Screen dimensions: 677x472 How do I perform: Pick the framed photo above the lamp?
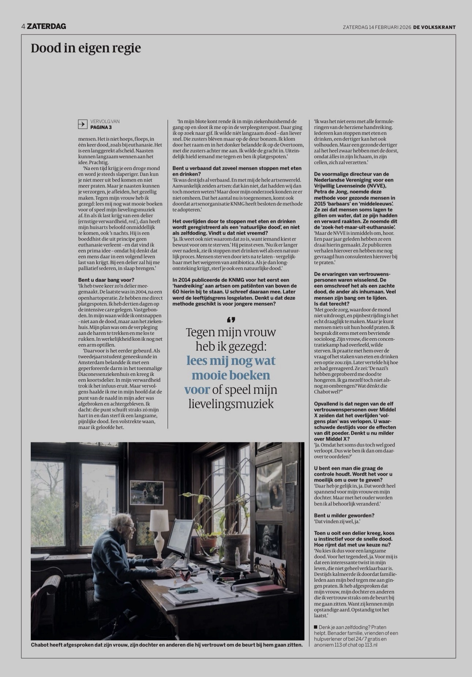(147, 493)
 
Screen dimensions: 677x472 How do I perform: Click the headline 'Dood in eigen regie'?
(86, 48)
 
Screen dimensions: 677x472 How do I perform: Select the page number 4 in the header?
(23, 26)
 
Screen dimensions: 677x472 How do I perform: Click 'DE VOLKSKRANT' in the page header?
(434, 27)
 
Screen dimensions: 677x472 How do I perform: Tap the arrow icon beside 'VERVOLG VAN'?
(82, 124)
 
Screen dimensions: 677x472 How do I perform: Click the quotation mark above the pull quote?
(231, 320)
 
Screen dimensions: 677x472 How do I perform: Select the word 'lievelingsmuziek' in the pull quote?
(231, 404)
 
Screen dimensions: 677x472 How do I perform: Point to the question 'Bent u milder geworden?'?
(344, 515)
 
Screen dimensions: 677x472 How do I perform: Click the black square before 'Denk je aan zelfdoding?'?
(316, 627)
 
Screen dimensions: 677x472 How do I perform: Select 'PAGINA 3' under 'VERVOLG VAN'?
(101, 127)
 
